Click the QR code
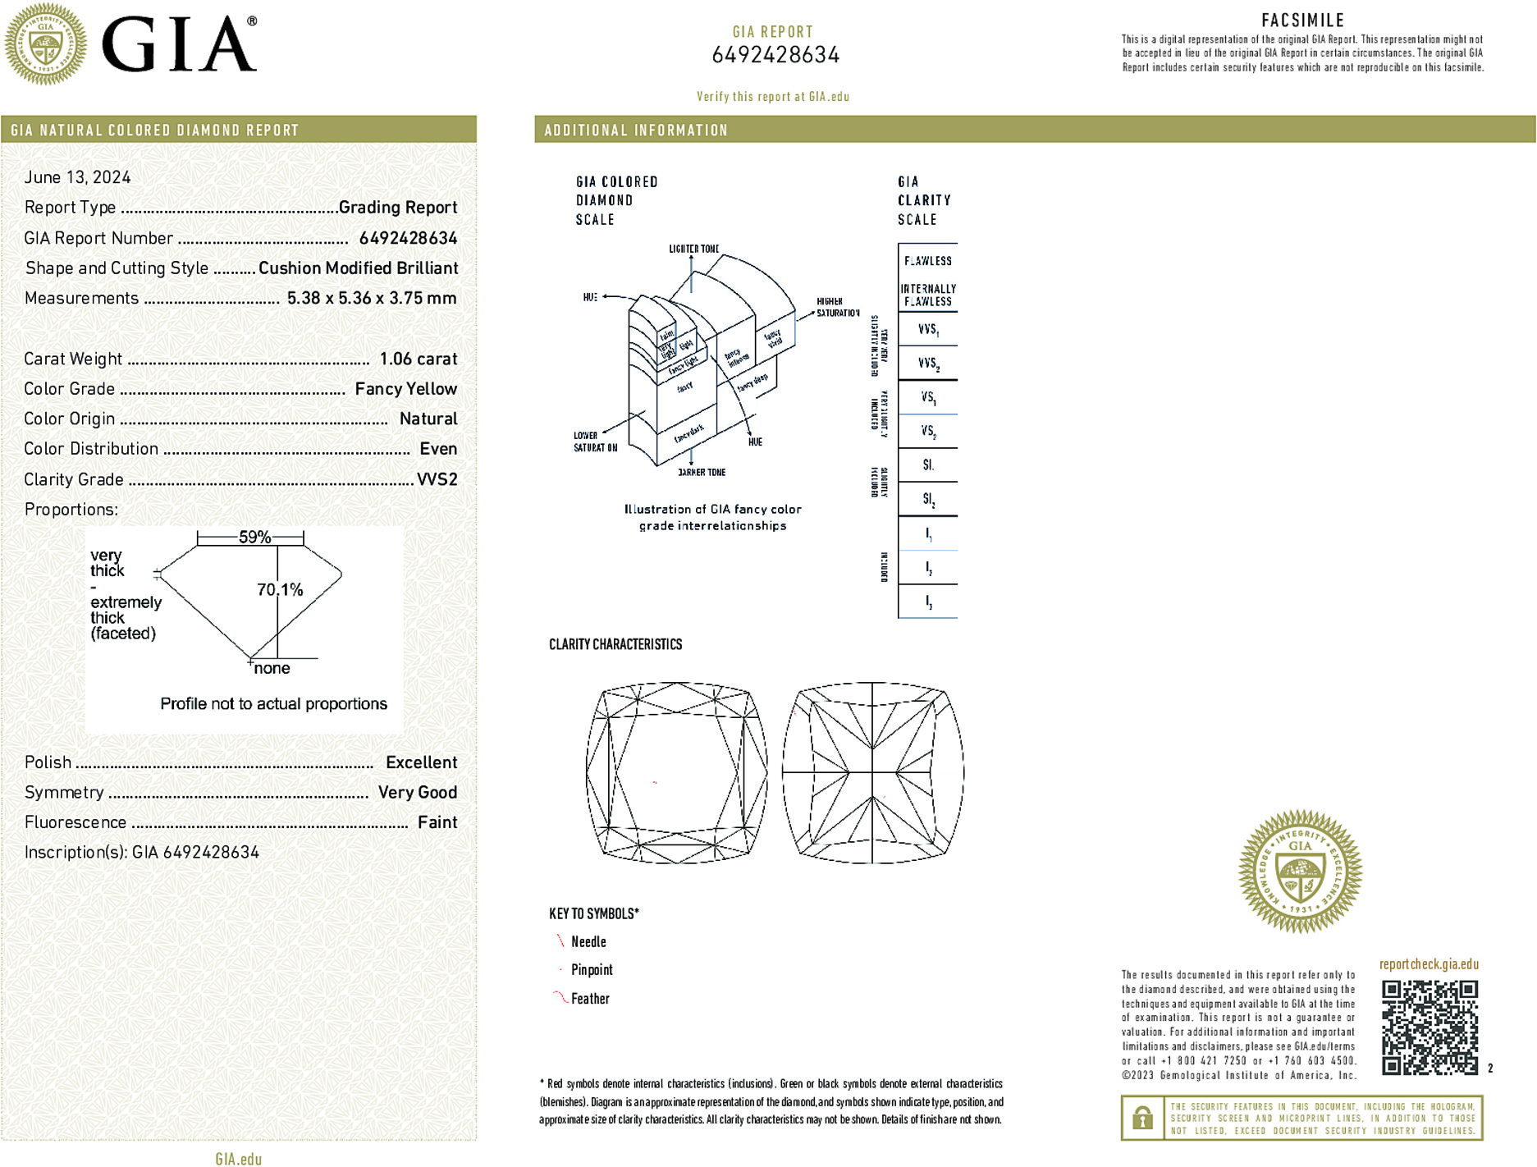coord(1429,1027)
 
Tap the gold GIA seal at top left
coord(46,43)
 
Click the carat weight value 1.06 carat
coord(418,359)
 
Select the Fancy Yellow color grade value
coord(405,389)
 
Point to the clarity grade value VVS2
coord(437,479)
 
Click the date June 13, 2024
coord(77,177)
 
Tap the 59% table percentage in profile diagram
coord(254,538)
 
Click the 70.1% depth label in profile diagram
coord(280,589)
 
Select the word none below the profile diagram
coord(272,668)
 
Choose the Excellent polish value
coord(421,762)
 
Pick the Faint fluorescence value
coord(437,822)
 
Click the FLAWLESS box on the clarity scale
coord(927,261)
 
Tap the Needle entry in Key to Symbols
coord(588,942)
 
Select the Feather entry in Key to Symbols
coord(590,999)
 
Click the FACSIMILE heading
coord(1302,21)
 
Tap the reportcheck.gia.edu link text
coord(1428,964)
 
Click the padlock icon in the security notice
coord(1142,1118)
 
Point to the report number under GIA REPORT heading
coord(775,55)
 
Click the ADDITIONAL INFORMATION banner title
coord(636,130)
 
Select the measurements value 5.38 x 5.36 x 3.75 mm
coord(371,298)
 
